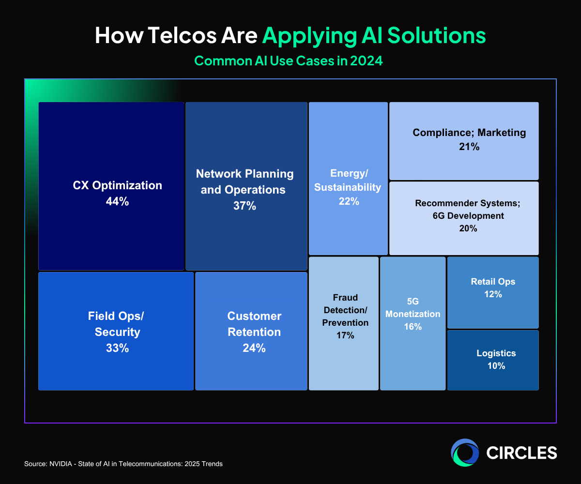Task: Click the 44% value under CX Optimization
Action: click(117, 202)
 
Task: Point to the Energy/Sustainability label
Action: click(348, 180)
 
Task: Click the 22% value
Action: click(349, 201)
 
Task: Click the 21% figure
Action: click(469, 147)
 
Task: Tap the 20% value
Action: click(468, 228)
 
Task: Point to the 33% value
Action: click(117, 348)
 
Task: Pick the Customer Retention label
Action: click(254, 324)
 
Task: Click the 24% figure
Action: click(254, 348)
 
